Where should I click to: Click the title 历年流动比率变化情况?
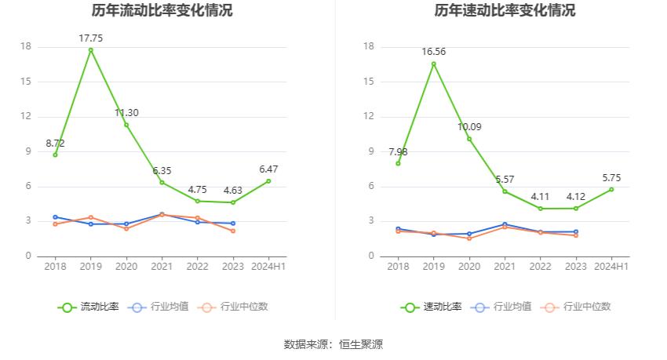[162, 11]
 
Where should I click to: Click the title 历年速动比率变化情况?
[505, 11]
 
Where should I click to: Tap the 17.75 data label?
[90, 38]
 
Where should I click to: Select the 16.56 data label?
[433, 52]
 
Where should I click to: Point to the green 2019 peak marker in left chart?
[90, 50]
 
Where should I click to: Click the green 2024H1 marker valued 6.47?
[268, 181]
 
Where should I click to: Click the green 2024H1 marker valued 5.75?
[611, 189]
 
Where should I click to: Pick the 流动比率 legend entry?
[89, 307]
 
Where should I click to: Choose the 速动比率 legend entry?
[432, 307]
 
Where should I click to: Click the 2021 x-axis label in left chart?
[162, 267]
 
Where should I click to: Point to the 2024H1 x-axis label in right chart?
[611, 267]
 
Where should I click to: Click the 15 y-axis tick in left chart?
[26, 82]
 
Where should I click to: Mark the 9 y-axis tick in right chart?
[369, 151]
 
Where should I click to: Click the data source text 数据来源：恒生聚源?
[333, 344]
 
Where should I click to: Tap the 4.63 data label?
[233, 190]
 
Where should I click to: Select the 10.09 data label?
[469, 126]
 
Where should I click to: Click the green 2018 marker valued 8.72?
[55, 155]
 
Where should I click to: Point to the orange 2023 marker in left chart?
[233, 231]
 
